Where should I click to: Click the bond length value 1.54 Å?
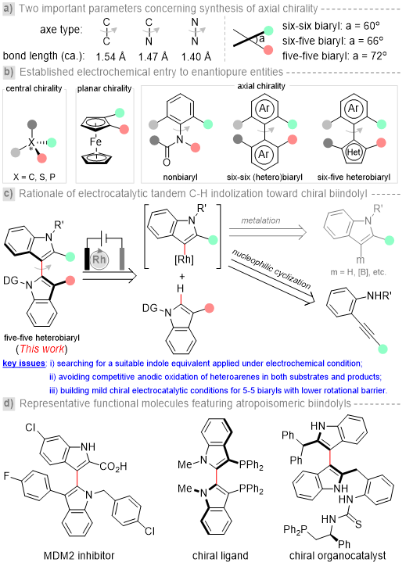pos(111,56)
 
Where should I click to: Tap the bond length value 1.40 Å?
pos(196,56)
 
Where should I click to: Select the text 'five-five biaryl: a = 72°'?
pos(334,56)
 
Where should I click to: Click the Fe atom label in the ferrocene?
pos(95,141)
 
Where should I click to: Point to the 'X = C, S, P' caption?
pos(34,177)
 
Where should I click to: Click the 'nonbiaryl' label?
pos(180,177)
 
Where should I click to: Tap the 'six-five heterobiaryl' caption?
pos(354,177)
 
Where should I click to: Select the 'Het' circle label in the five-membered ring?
pos(354,152)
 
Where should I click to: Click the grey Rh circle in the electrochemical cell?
pos(99,260)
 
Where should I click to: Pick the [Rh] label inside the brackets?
pos(184,260)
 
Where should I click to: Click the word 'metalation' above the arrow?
pos(260,220)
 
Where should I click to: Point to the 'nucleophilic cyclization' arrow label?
pos(271,269)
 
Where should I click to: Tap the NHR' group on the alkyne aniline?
pos(379,296)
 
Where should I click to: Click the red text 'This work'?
pos(42,349)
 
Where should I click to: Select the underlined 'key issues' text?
pos(23,364)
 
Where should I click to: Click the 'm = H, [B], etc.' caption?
pos(358,272)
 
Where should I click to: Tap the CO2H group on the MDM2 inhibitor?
pos(113,467)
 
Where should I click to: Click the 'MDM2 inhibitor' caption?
pos(79,555)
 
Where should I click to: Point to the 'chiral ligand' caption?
pos(221,556)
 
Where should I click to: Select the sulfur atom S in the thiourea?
pos(358,524)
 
